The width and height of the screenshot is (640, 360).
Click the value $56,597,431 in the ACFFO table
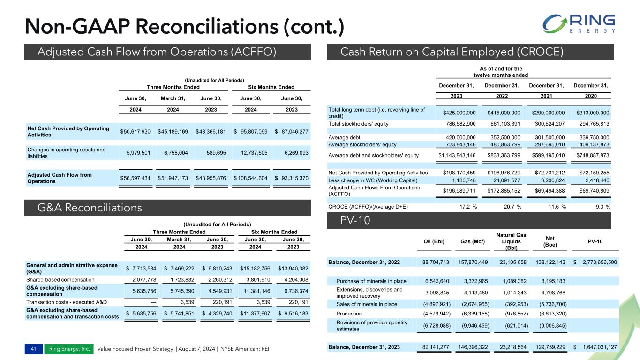click(x=135, y=178)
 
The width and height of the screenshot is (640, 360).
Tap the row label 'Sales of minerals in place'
click(x=367, y=304)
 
